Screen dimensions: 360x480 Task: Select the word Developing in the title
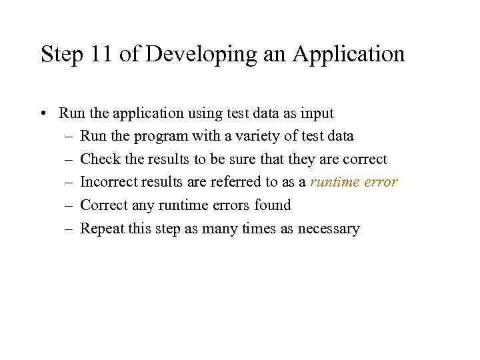(200, 54)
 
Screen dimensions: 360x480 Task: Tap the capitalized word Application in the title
(347, 54)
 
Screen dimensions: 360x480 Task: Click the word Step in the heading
(60, 54)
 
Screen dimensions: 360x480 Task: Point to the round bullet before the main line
(43, 113)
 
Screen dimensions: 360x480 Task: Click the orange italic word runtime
(335, 182)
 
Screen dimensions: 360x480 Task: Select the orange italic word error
(381, 182)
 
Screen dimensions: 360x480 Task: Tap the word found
(273, 205)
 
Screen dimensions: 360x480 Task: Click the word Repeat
(101, 229)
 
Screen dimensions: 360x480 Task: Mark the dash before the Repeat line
(69, 229)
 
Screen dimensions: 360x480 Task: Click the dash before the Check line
(69, 159)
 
